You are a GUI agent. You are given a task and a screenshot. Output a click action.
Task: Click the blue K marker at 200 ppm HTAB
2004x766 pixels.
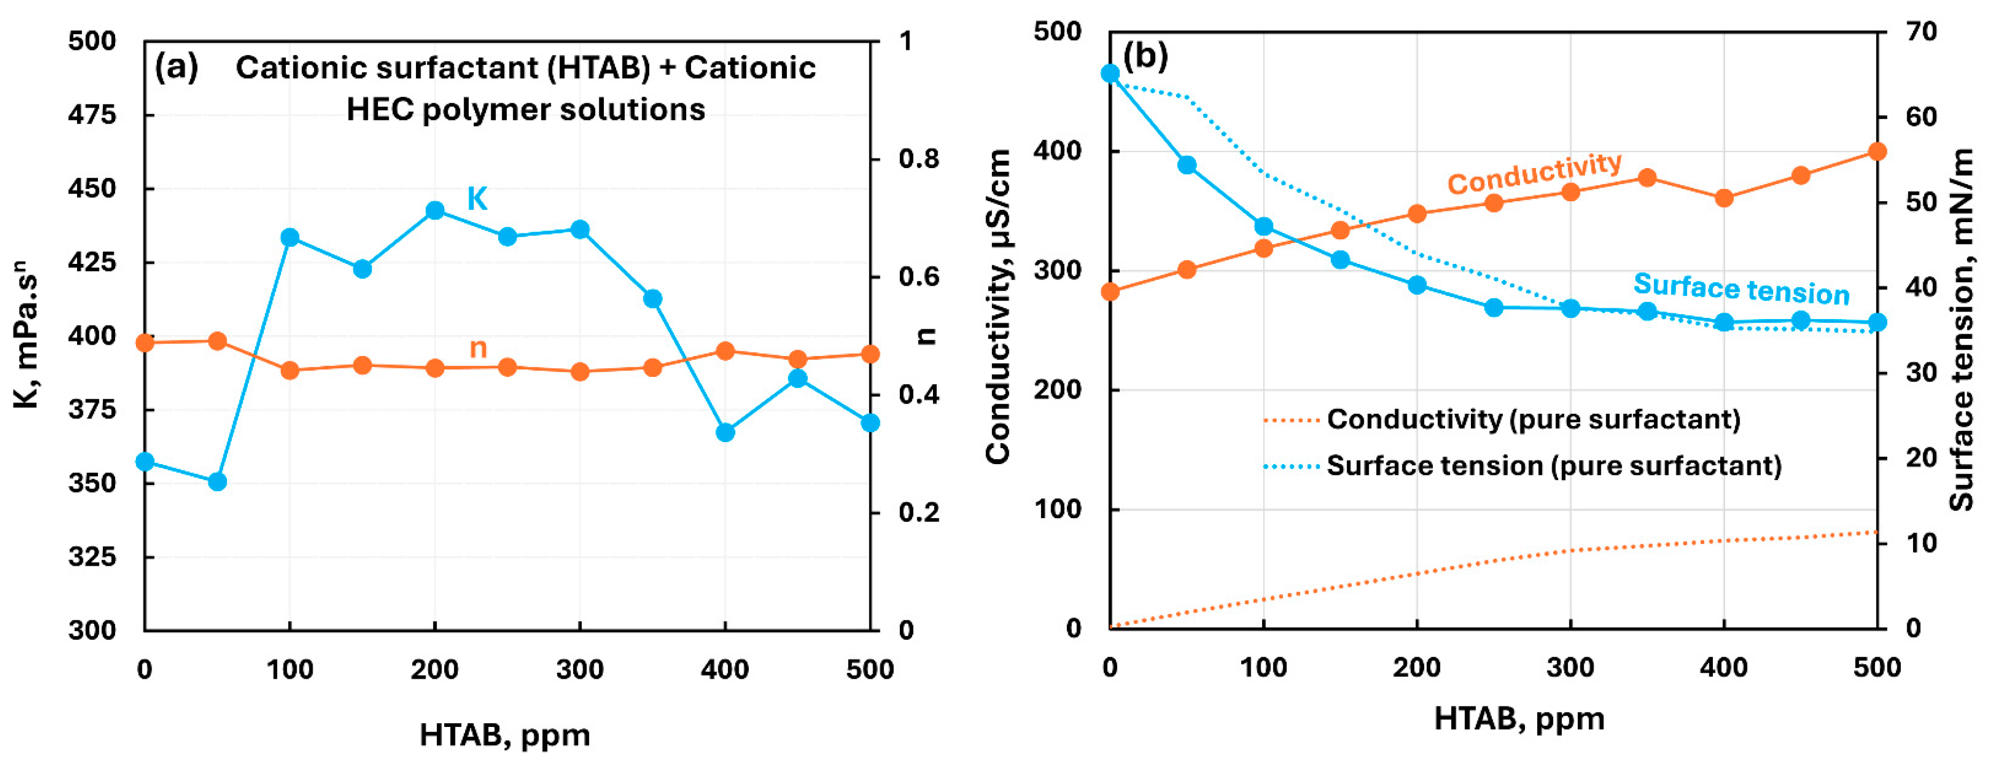tap(435, 211)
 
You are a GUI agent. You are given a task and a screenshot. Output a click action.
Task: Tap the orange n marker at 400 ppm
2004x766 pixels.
tap(725, 351)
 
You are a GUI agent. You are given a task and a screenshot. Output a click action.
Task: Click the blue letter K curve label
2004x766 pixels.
tap(477, 199)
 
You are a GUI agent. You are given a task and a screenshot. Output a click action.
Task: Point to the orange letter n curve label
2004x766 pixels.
tap(477, 347)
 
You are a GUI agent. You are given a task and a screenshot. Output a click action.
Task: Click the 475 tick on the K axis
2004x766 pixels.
tap(92, 115)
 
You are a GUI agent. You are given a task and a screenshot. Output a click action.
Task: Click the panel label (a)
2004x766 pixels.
tap(177, 67)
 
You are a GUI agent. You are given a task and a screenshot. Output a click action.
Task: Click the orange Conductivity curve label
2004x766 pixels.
tap(1534, 173)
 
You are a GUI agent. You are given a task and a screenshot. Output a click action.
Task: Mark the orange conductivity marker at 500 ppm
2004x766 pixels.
tap(1877, 151)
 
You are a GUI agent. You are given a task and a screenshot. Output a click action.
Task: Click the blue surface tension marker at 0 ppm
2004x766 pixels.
tap(1110, 74)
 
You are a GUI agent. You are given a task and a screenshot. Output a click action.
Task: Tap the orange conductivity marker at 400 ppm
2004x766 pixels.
tap(1724, 198)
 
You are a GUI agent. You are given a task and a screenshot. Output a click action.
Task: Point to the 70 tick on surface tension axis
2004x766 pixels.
tap(1920, 32)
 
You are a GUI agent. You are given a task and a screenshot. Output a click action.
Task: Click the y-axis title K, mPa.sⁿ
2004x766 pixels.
tap(27, 335)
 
